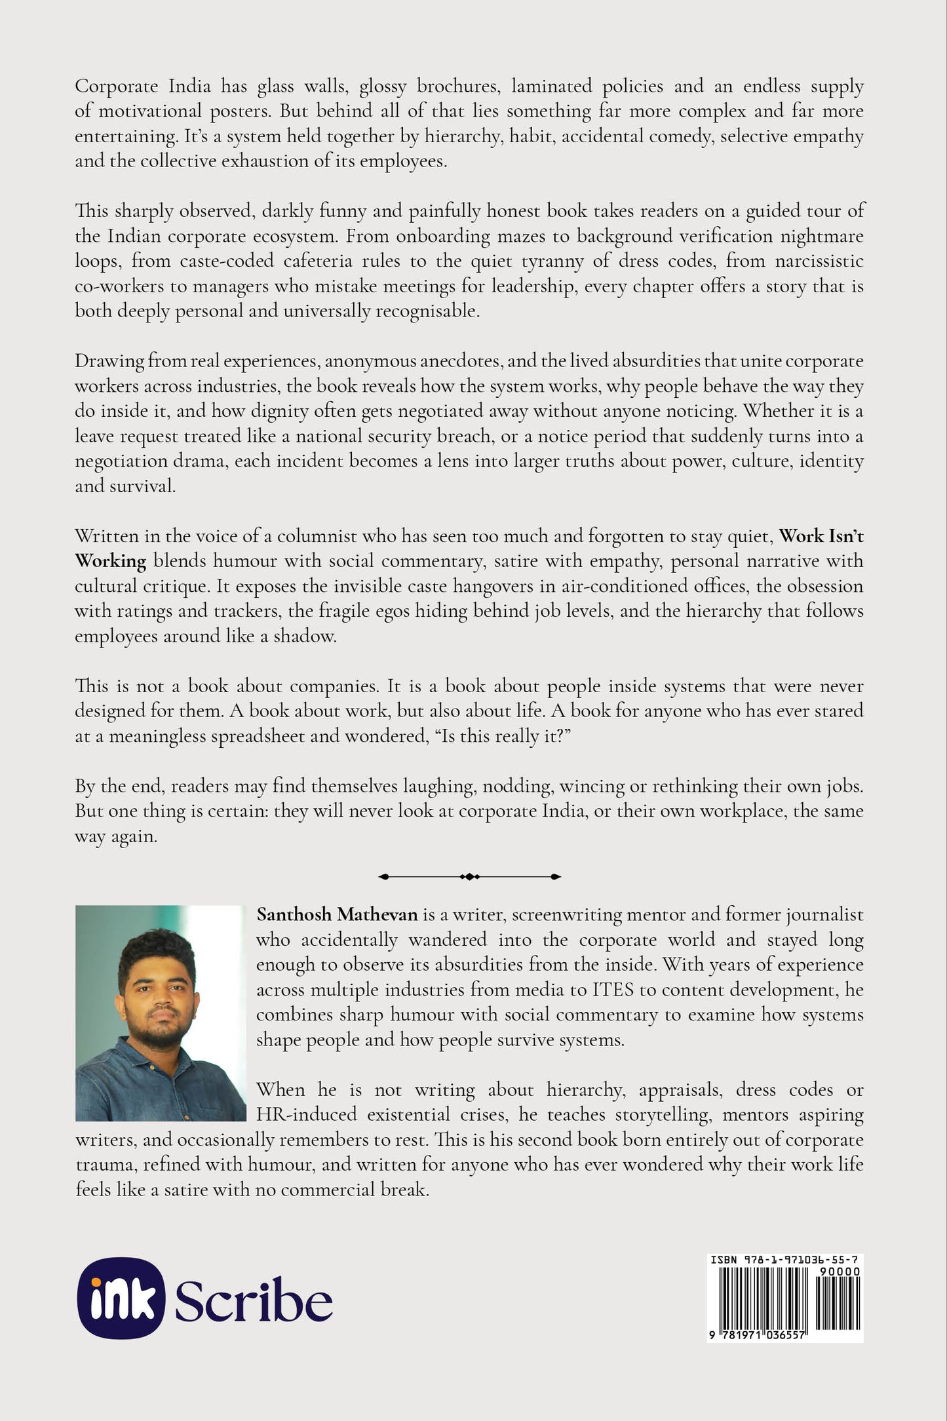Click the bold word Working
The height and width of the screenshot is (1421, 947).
(x=110, y=562)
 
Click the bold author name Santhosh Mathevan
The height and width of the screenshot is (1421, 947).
(x=337, y=914)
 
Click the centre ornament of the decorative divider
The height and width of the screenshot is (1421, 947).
(x=470, y=876)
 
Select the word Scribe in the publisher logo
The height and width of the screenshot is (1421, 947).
(x=253, y=1301)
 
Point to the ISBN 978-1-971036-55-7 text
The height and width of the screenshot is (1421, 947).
(x=784, y=1260)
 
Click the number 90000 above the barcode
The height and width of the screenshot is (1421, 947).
(x=840, y=1272)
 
